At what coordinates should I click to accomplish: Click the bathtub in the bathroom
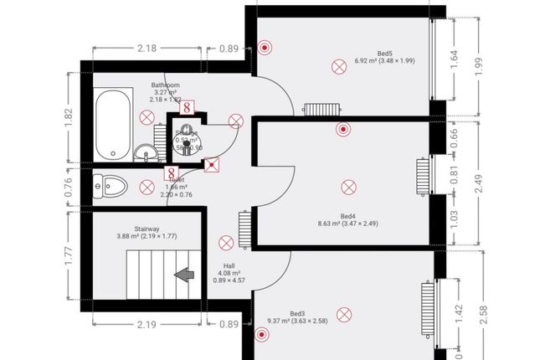pyautogui.click(x=111, y=125)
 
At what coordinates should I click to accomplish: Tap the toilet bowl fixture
pyautogui.click(x=106, y=184)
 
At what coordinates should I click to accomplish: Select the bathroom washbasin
pyautogui.click(x=146, y=152)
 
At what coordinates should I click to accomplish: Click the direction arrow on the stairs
pyautogui.click(x=182, y=273)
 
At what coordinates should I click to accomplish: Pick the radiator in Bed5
pyautogui.click(x=319, y=108)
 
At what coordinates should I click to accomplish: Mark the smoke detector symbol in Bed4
pyautogui.click(x=342, y=129)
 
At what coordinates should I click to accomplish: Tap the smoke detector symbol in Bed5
pyautogui.click(x=265, y=48)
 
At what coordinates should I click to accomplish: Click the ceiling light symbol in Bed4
pyautogui.click(x=347, y=186)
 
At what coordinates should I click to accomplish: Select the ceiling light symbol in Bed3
pyautogui.click(x=343, y=314)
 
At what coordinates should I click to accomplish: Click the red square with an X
pyautogui.click(x=213, y=164)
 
